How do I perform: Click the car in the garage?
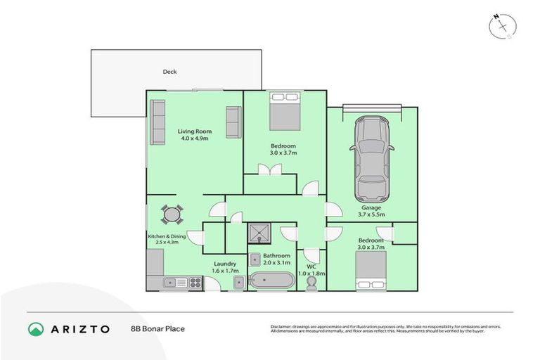tap(371, 157)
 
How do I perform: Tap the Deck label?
tap(169, 72)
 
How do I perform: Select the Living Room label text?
tap(194, 134)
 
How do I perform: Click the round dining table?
tap(172, 214)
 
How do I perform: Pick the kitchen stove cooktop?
tap(195, 283)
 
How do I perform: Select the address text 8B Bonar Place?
tap(157, 328)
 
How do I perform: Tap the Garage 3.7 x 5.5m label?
tap(371, 211)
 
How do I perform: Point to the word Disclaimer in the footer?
tap(283, 326)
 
